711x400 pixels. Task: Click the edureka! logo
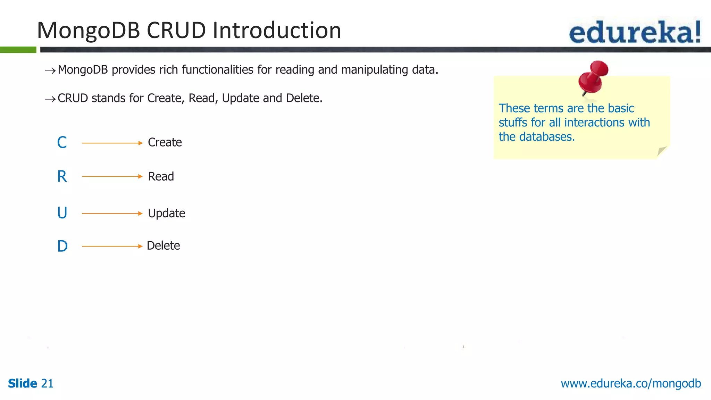tap(635, 32)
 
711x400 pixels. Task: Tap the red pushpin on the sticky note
tap(593, 76)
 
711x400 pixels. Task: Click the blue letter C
tap(62, 142)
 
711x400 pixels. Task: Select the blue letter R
tap(62, 176)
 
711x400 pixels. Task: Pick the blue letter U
tap(62, 213)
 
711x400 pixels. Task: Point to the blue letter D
tap(62, 246)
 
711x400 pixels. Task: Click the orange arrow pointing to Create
tap(112, 143)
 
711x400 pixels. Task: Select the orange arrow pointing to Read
tap(112, 176)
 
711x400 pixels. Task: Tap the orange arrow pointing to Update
tap(112, 213)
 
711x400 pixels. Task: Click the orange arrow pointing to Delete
tap(112, 246)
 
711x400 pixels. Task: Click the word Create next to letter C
tap(165, 142)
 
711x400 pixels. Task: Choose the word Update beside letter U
tap(166, 213)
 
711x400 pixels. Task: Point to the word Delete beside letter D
tap(163, 246)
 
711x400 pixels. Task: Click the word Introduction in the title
tap(277, 30)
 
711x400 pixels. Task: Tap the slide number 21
tap(47, 383)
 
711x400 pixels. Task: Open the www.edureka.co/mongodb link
tap(630, 383)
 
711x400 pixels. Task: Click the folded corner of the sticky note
tap(662, 151)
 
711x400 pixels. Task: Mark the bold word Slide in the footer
tap(22, 383)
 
